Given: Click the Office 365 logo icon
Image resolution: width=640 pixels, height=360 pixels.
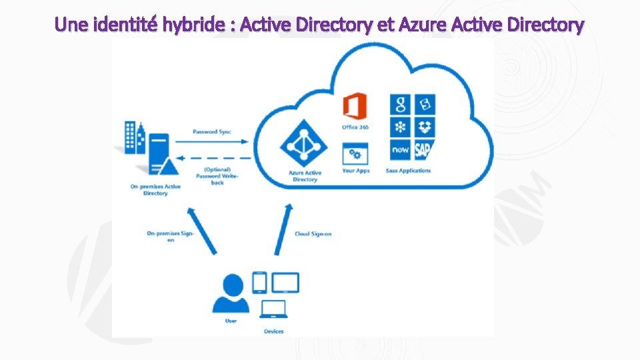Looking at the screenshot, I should point(355,107).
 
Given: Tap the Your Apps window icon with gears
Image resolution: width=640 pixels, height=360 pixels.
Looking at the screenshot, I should point(355,155).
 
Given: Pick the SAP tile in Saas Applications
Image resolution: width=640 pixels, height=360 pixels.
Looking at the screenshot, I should point(425,150).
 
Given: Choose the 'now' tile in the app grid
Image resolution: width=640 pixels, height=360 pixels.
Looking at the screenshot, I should point(401,150).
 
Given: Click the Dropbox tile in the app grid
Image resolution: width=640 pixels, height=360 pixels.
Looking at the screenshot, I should point(425,127).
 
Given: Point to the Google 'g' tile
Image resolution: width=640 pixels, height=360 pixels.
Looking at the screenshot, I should point(401,105).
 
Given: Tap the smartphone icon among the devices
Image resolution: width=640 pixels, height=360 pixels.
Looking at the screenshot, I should point(259,283).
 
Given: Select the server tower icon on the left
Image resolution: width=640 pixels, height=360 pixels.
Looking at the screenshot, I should point(158,153).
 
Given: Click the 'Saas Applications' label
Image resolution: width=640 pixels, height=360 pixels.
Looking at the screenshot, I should point(408,171).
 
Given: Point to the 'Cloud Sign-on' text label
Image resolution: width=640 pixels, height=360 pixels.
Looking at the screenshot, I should point(313,234).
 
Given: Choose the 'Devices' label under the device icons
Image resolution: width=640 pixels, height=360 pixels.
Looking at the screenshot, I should point(273,331).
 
